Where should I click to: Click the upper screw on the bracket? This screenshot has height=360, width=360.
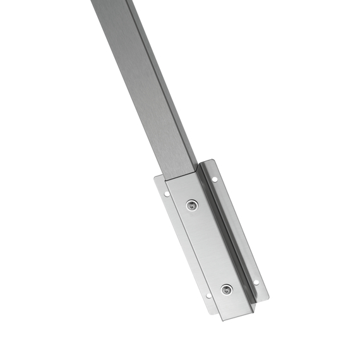192,205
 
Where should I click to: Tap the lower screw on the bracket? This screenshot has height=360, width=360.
226,289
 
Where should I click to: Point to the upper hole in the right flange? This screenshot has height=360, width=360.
215,179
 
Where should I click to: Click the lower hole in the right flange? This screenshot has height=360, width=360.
256,282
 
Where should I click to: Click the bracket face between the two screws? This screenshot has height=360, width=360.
208,246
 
